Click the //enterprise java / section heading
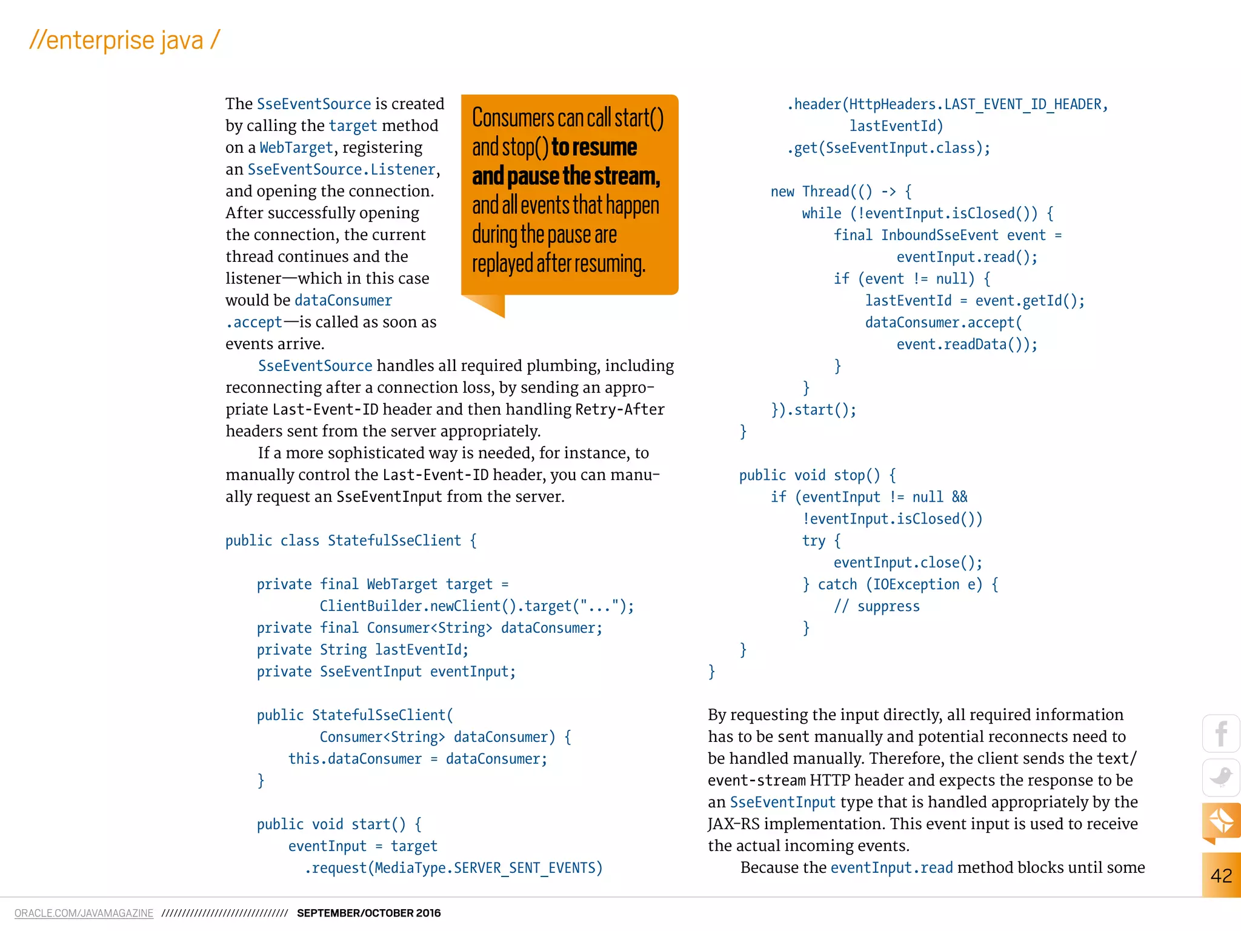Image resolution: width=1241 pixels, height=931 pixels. tap(124, 41)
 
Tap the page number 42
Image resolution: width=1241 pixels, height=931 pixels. tap(1221, 875)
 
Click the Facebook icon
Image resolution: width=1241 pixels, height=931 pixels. tap(1221, 733)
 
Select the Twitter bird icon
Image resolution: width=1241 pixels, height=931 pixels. tap(1221, 777)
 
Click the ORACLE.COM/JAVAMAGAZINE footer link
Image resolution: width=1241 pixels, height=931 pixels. tap(84, 913)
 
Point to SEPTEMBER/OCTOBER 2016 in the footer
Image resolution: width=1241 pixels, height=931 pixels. tap(368, 913)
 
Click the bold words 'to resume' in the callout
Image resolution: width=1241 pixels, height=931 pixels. tap(594, 147)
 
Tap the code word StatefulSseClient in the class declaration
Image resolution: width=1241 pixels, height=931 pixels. tap(394, 541)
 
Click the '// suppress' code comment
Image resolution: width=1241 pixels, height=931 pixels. tap(876, 606)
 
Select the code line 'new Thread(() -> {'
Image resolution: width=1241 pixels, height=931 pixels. tap(841, 192)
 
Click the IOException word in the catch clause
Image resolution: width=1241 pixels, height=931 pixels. tap(916, 584)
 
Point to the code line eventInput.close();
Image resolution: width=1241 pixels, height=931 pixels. tap(908, 562)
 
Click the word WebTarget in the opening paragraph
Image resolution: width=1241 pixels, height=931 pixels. tap(296, 147)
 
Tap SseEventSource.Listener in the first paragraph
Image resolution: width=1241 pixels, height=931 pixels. tap(342, 169)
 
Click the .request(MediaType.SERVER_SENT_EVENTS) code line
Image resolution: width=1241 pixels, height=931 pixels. tap(453, 868)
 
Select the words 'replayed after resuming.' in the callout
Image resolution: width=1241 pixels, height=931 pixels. tap(559, 264)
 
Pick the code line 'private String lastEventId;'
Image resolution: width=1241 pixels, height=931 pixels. tap(362, 650)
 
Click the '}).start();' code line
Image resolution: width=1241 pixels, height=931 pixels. tap(813, 410)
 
